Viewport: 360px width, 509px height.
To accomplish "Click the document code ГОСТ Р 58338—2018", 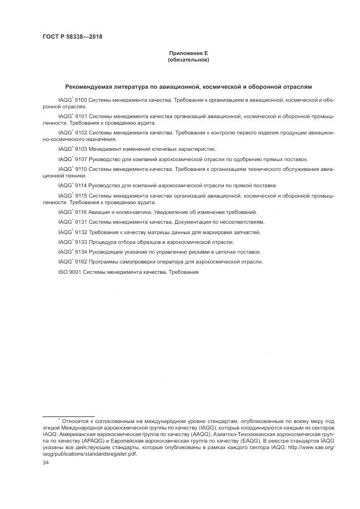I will (x=72, y=36).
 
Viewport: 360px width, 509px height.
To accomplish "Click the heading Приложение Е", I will (x=188, y=53).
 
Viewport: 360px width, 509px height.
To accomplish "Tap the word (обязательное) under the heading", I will (x=188, y=59).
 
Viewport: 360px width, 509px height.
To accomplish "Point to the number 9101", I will (x=81, y=116).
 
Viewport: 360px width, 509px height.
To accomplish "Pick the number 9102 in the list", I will (x=81, y=132).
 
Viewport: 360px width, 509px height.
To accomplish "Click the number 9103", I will (x=81, y=149).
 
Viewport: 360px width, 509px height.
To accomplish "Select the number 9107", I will (x=81, y=159).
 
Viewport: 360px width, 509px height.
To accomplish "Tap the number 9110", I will (x=81, y=169).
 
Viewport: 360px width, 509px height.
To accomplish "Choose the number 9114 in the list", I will (x=81, y=186).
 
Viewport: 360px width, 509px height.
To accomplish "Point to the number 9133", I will (x=81, y=242).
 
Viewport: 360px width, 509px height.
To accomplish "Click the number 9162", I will (x=81, y=262).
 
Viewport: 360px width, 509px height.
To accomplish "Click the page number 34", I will (x=46, y=462).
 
